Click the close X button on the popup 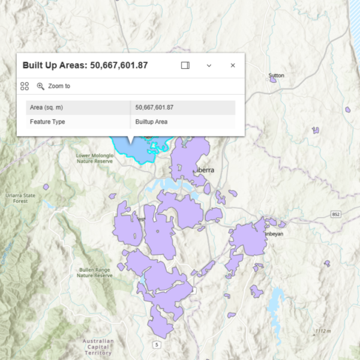point(233,65)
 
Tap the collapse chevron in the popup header point(209,65)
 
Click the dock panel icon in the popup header point(185,65)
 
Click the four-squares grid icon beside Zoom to point(25,86)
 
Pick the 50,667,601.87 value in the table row point(155,107)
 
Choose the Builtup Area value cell point(152,122)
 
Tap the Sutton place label point(277,76)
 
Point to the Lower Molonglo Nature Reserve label point(94,158)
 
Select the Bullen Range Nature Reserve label point(95,272)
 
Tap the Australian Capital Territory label point(97,347)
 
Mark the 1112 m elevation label point(323,331)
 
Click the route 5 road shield point(157,344)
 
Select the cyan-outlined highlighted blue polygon point(135,148)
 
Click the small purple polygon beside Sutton point(273,80)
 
